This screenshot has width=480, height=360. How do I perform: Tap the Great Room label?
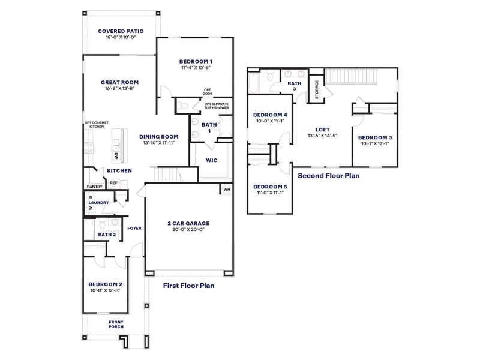pos(119,82)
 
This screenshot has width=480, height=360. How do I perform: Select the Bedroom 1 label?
pos(196,62)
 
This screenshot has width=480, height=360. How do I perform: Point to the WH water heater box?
pos(227,190)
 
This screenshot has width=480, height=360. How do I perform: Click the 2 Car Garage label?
pos(188,223)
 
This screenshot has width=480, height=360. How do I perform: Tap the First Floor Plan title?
pos(188,286)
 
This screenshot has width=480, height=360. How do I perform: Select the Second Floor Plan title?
pos(328,176)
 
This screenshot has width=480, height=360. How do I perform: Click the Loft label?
pos(323,129)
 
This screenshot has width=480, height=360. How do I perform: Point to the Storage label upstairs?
pos(316,89)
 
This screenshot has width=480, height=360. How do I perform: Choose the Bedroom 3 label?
pos(374,137)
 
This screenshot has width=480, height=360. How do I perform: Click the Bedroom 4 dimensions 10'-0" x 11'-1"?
pos(269,121)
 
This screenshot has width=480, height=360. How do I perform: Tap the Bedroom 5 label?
pos(270,187)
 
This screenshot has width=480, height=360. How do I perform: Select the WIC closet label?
pos(211,160)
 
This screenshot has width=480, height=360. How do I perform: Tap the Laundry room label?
pos(98,203)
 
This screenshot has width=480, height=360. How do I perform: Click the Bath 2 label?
pos(106,235)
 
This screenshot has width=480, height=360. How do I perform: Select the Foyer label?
pos(134,228)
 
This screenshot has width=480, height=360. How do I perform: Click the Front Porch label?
pos(116,324)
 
